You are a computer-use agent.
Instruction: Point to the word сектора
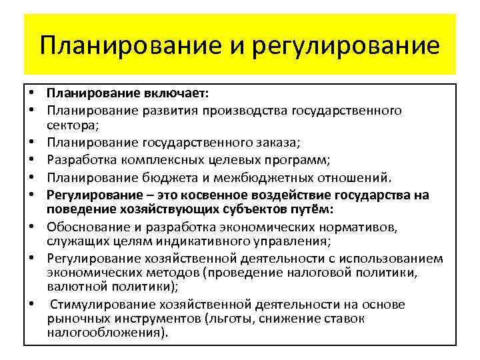point(71,125)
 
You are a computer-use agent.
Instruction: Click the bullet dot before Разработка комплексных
point(32,161)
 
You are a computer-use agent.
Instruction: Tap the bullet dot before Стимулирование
point(32,305)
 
